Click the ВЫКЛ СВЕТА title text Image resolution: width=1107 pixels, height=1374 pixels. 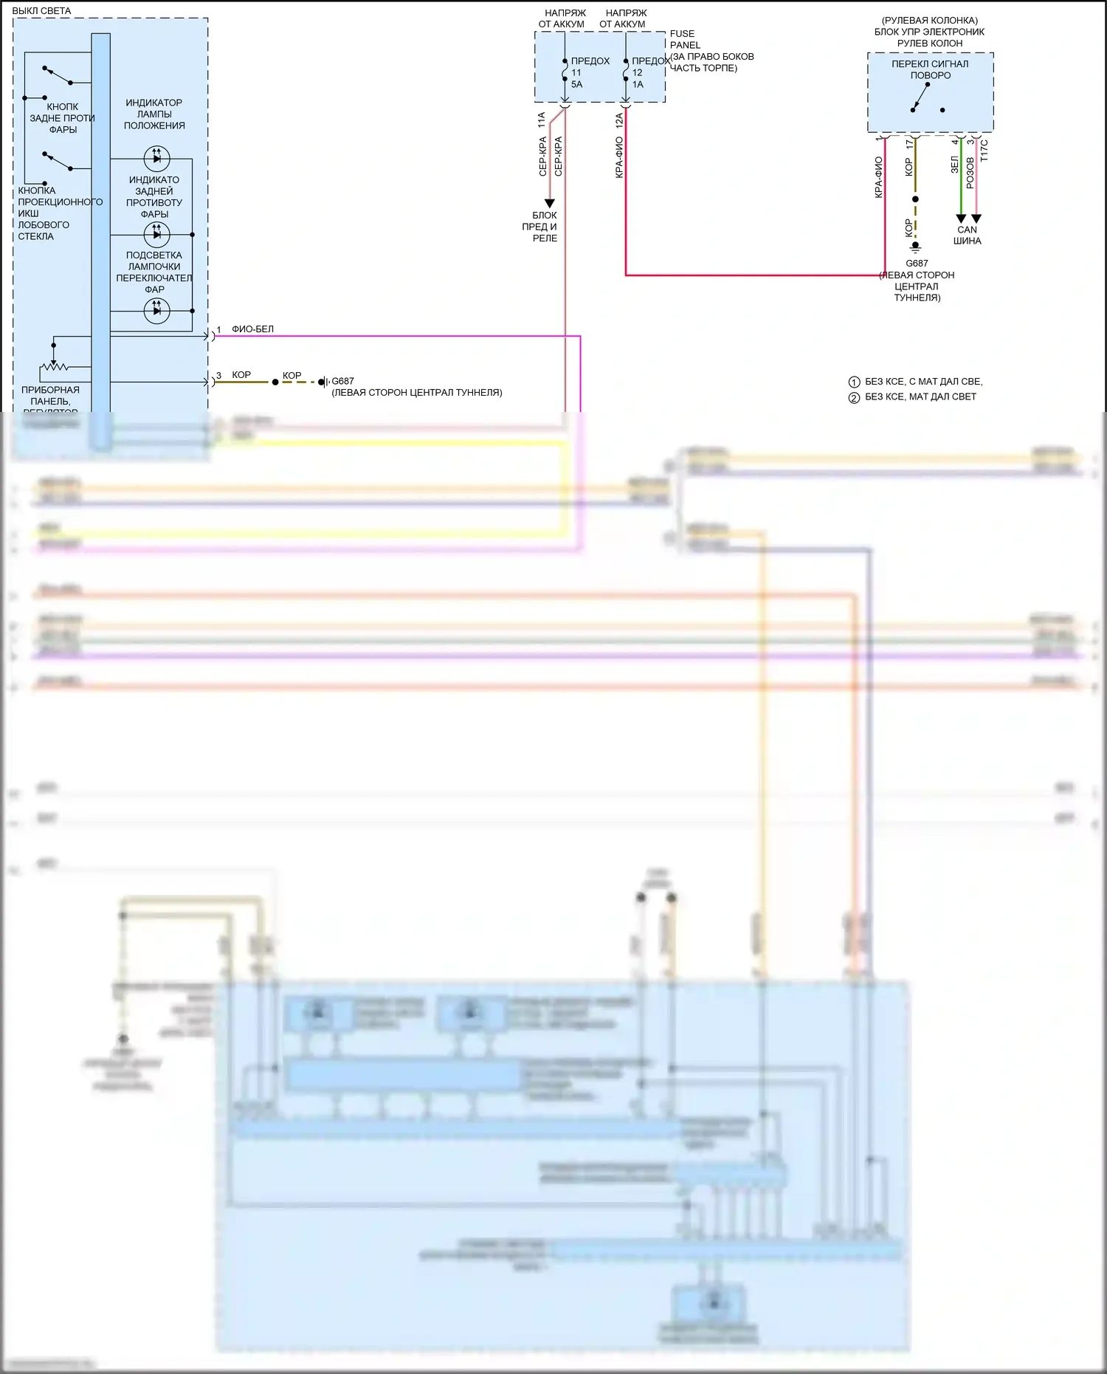[x=41, y=11]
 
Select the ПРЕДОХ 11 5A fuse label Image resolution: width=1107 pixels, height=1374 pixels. [x=589, y=72]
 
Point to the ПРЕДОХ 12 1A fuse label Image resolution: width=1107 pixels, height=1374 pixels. [x=648, y=72]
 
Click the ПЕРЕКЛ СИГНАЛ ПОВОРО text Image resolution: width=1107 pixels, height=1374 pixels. [x=930, y=69]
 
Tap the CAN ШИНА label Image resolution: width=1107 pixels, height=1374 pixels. [x=967, y=235]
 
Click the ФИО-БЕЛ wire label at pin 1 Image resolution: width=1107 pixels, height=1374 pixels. [x=252, y=329]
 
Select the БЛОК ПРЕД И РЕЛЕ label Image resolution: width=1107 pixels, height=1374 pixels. [x=545, y=227]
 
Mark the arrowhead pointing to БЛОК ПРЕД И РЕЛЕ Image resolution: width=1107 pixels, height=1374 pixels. [x=549, y=203]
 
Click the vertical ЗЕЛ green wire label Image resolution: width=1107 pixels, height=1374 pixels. [x=954, y=165]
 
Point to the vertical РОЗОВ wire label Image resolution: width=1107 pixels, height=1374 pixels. [x=970, y=174]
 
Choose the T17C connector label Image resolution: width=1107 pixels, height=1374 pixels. [x=984, y=151]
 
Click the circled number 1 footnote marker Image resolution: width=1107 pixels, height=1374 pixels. [x=854, y=382]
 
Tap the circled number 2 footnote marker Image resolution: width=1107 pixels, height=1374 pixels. [x=854, y=398]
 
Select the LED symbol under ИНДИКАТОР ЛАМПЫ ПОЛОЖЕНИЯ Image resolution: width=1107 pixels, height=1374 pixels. [x=156, y=158]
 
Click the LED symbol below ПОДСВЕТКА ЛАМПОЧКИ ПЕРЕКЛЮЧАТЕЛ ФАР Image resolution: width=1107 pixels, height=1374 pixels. [x=156, y=311]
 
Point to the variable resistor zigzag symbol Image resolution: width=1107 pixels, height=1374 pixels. [x=54, y=366]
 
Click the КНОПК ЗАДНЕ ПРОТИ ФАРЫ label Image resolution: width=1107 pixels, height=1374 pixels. [x=62, y=118]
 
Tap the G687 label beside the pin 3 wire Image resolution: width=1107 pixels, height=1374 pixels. [x=342, y=382]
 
